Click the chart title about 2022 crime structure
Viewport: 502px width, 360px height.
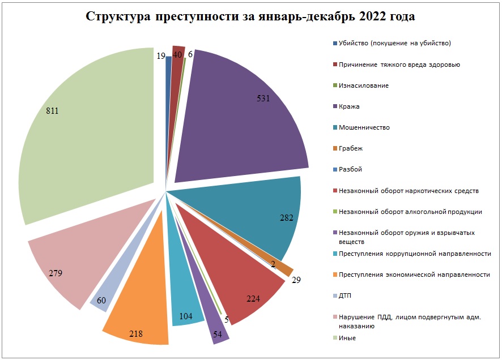pos(250,16)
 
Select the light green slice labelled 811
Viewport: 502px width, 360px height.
pos(85,136)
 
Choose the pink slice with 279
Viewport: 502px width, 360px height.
pos(68,266)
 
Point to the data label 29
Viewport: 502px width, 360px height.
pos(296,279)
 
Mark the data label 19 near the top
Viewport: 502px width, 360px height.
pos(160,55)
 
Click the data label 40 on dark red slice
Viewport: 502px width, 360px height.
pos(177,55)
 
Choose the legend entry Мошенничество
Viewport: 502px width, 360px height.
pos(364,127)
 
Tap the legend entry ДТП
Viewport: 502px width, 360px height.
pos(346,295)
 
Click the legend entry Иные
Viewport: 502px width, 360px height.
pos(347,338)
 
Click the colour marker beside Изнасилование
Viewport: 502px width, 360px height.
pos(335,85)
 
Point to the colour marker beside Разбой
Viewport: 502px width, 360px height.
pos(335,169)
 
